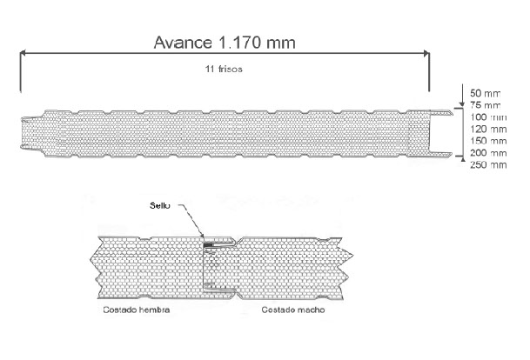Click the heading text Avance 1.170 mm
point(223,42)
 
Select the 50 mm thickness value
point(483,92)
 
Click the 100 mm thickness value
point(486,117)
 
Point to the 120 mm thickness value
point(486,129)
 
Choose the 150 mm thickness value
point(486,141)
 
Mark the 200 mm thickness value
point(486,153)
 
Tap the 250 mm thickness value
point(486,164)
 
